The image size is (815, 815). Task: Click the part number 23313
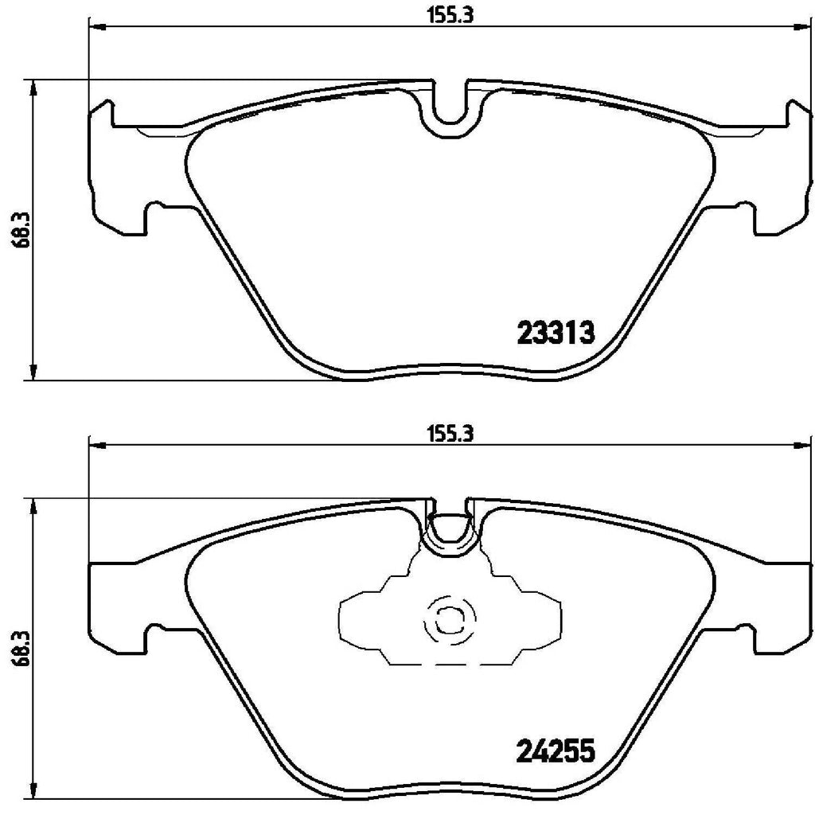coord(556,333)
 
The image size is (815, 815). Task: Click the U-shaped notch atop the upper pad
coord(451,107)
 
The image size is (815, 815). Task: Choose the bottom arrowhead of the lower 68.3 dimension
coord(33,796)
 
